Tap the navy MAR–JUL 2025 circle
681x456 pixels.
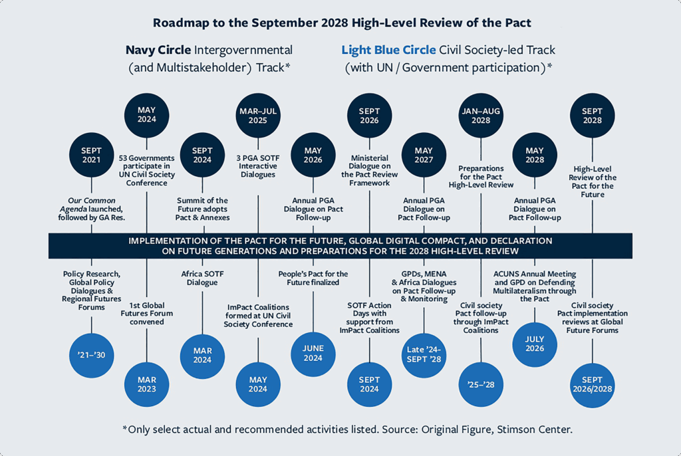point(257,116)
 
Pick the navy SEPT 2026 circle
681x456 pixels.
point(369,116)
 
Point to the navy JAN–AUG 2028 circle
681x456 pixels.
point(480,116)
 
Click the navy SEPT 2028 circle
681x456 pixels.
point(592,116)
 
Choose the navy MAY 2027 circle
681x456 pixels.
point(424,156)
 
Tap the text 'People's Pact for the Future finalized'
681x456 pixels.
point(313,277)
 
